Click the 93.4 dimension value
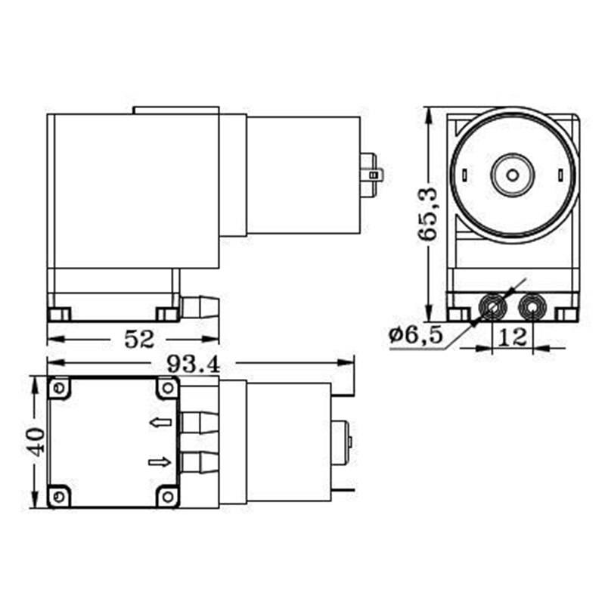click(193, 365)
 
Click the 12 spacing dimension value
click(513, 337)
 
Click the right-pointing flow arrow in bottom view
click(160, 462)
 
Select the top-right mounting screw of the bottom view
click(167, 389)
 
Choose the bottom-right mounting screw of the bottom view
click(167, 497)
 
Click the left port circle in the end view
click(495, 307)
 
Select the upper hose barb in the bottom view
click(200, 422)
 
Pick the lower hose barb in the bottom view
click(200, 461)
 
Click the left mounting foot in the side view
click(59, 314)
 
